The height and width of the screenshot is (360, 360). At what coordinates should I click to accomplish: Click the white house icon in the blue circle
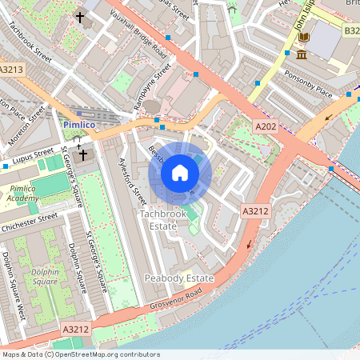click(180, 173)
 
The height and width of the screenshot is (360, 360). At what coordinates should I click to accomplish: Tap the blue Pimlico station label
click(79, 126)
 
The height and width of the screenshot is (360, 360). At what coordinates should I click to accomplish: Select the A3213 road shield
click(13, 70)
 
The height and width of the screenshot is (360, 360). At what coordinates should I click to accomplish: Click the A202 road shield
click(266, 126)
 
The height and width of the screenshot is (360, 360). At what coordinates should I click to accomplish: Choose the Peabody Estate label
click(178, 278)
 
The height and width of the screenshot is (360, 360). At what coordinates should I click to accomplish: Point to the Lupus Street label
click(32, 159)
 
